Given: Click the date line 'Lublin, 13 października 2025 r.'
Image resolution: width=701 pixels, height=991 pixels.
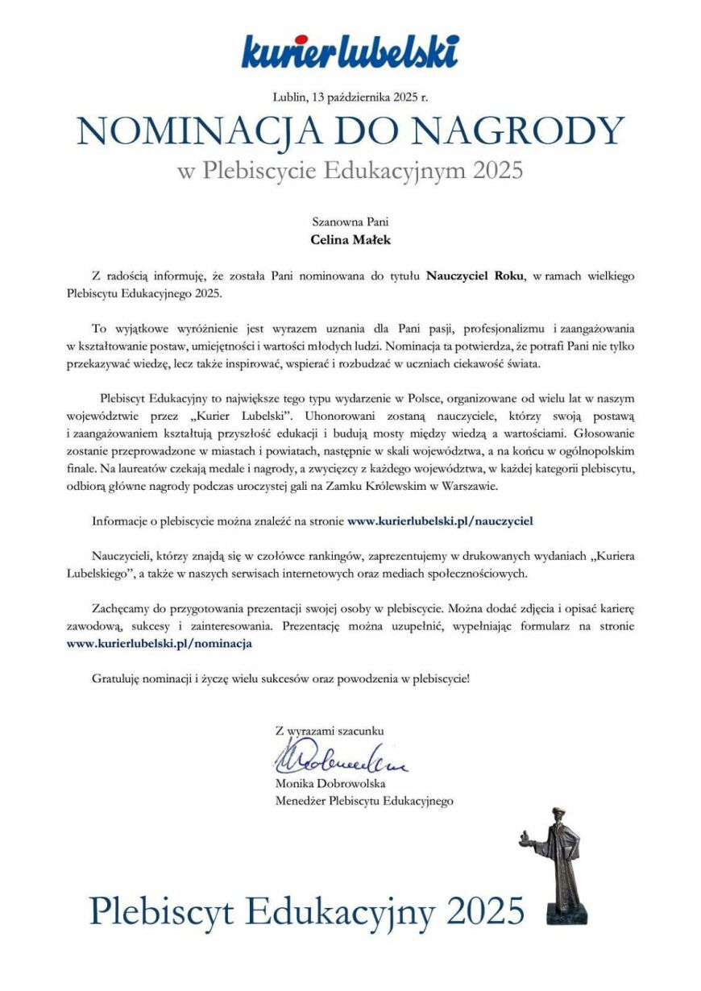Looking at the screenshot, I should coord(350,97).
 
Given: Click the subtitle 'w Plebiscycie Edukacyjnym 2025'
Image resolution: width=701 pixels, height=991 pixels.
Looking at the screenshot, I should coord(350,171).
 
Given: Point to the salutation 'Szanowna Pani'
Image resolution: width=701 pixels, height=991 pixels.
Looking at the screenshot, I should coord(350,220).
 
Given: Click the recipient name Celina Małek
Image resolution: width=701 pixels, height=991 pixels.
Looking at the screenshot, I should coord(350,238).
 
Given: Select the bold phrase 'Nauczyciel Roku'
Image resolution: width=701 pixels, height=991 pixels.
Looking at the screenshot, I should coord(476,276).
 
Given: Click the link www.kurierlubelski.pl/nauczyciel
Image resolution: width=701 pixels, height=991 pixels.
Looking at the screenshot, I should coord(440,520).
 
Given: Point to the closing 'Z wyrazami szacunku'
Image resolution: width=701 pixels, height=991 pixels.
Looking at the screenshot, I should coord(330,731).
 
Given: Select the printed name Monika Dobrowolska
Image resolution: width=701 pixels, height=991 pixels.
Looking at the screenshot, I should coord(330,783).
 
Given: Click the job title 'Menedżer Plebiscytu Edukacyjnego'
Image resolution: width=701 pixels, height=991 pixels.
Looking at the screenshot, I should coord(364,801).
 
